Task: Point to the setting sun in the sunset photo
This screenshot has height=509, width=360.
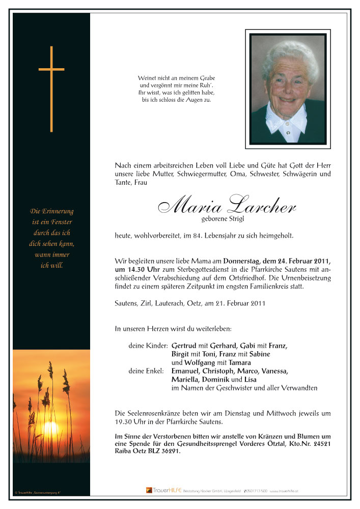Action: point(50,429)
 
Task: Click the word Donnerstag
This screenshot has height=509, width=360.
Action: point(242,260)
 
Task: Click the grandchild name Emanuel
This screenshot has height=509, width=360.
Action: point(187,371)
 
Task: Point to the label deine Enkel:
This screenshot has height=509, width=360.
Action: point(146,371)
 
